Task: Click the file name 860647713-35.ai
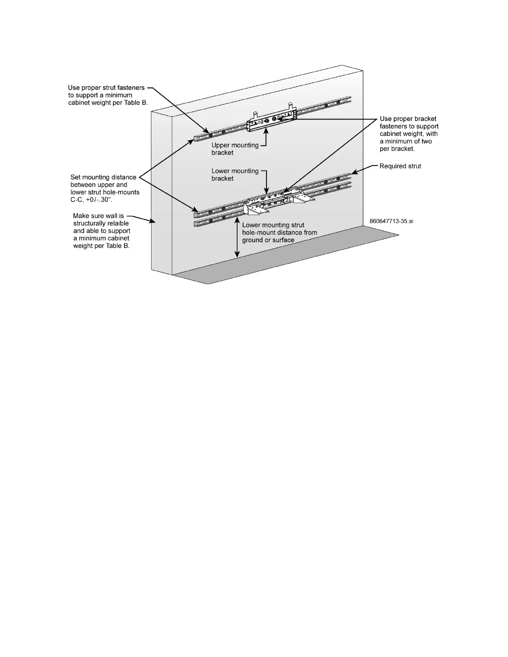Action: (x=391, y=221)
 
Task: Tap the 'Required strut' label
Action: (x=400, y=166)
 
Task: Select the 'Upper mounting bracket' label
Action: (x=235, y=149)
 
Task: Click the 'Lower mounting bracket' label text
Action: (x=235, y=175)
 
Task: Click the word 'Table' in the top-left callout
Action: (x=127, y=102)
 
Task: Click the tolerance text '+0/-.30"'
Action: (x=100, y=200)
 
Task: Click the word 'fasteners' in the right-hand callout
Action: (x=393, y=127)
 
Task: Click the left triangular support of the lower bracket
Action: (x=252, y=209)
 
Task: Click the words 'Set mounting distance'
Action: (x=103, y=177)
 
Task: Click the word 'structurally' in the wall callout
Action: (x=91, y=223)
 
